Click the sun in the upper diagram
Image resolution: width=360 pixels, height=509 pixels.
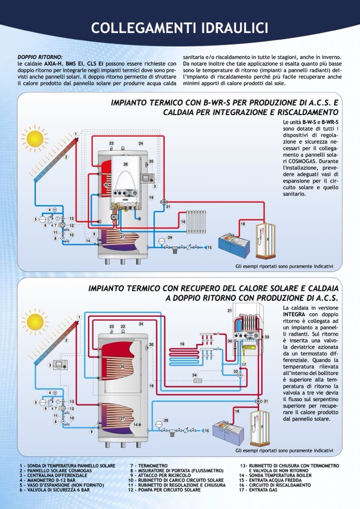(x=35, y=139)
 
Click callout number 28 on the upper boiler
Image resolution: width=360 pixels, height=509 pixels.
(x=126, y=165)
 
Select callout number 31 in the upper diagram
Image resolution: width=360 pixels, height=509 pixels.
(x=168, y=207)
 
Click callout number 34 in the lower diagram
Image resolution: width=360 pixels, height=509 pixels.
(x=194, y=375)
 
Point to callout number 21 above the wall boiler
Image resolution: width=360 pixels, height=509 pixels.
(x=230, y=310)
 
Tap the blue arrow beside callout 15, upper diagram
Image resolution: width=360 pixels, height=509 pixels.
(x=201, y=247)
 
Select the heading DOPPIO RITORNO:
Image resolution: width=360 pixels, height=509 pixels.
(x=40, y=57)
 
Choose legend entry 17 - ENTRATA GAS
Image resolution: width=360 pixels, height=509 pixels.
(x=258, y=490)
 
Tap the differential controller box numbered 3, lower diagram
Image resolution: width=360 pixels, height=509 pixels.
(x=59, y=365)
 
